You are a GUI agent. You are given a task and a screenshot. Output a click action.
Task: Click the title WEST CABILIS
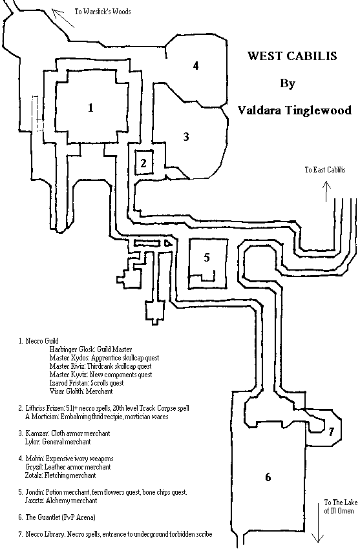pos(292,56)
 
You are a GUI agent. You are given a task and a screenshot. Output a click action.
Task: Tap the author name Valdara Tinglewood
pos(294,110)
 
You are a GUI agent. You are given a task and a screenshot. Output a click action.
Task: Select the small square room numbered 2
pos(143,163)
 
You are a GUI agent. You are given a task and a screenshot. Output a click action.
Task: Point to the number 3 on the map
pos(186,136)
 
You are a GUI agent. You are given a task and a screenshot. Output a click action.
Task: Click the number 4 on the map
pos(196,65)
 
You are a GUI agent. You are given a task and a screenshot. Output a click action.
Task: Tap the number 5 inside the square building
pos(207,257)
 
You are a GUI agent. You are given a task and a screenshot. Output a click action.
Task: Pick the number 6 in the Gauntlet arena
pos(268,477)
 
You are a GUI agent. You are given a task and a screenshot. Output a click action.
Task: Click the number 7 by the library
pos(331,431)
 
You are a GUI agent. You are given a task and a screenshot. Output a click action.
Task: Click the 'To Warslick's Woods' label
pos(103,12)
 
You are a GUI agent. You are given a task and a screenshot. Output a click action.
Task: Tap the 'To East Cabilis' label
pos(325,170)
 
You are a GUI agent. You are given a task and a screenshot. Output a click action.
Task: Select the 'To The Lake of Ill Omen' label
pos(341,506)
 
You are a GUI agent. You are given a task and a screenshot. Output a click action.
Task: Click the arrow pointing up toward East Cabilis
pos(326,191)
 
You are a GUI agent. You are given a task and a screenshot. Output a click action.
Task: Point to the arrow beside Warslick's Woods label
pos(63,18)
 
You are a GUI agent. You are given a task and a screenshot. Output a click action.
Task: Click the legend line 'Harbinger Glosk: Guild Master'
pos(90,349)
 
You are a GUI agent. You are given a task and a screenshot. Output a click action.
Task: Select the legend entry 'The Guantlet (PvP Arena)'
pos(60,517)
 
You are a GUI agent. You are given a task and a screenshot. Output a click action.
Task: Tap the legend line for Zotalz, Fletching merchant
pos(60,475)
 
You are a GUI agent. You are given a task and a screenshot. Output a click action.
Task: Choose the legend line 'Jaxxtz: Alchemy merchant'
pos(61,501)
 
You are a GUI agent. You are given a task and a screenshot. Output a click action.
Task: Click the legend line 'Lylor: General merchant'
pos(58,442)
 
